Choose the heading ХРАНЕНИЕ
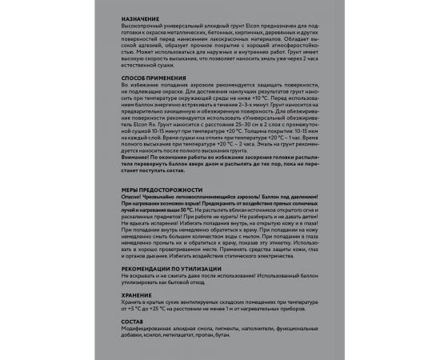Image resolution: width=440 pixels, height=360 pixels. coord(134,295)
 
